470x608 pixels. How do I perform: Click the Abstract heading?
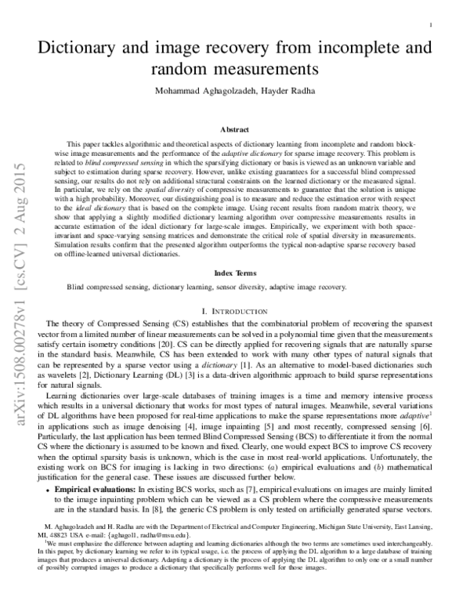pyautogui.click(x=234, y=128)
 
